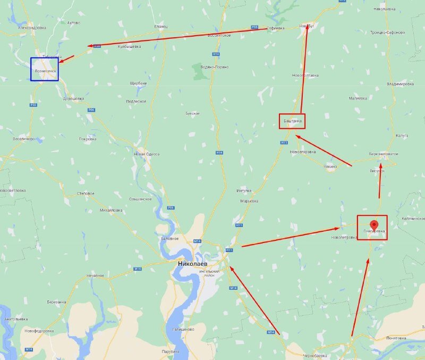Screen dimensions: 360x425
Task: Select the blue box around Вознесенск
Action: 44,69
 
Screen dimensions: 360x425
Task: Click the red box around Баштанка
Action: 292,121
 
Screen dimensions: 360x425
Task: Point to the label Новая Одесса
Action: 146,154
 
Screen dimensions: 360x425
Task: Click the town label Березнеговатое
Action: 384,154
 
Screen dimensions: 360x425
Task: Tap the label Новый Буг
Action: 307,26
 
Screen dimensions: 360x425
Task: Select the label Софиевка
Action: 275,28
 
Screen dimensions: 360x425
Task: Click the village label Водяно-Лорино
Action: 215,67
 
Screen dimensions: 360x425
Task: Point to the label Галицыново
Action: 182,329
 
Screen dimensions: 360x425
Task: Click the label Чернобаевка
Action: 315,355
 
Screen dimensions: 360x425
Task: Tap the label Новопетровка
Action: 342,237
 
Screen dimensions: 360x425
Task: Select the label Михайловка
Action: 110,210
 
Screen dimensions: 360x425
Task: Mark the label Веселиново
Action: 23,139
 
